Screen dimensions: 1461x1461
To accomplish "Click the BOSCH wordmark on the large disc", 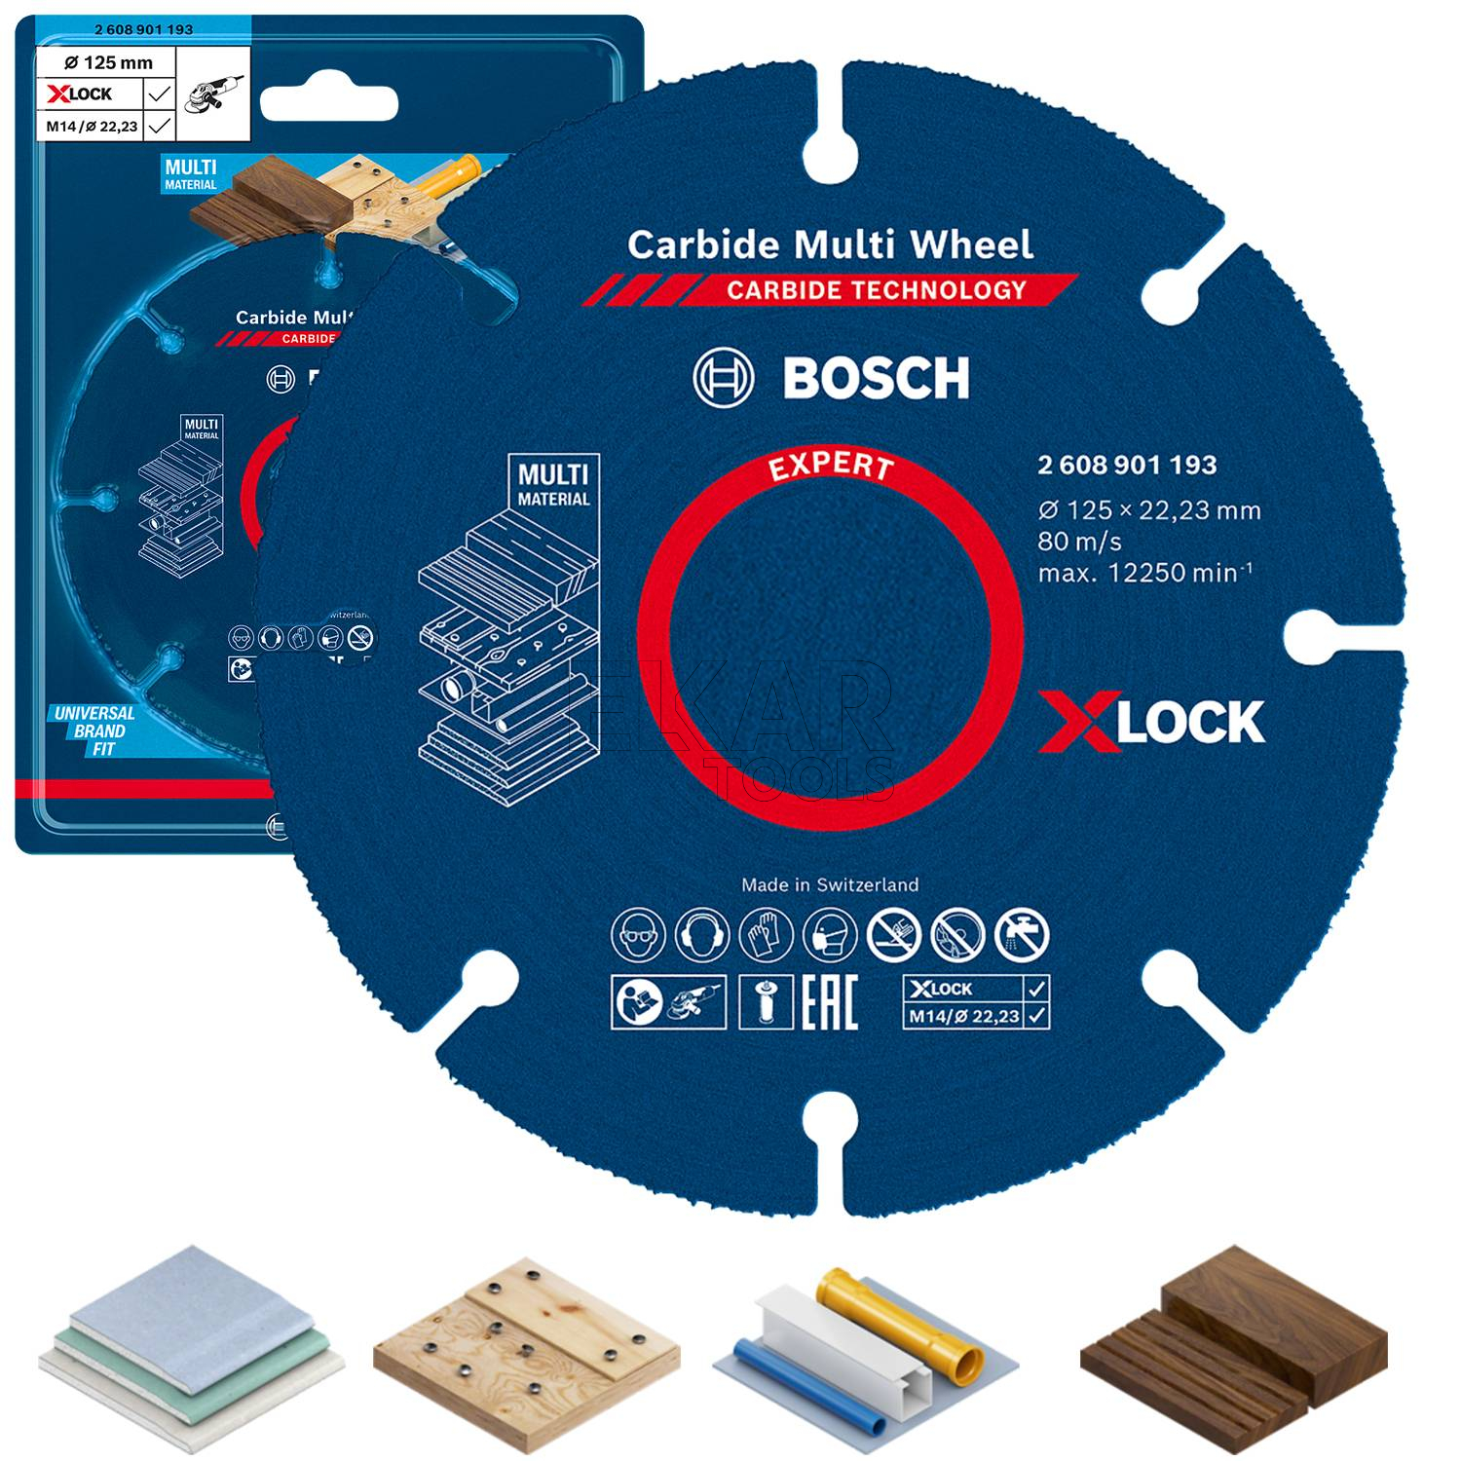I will click(x=876, y=378).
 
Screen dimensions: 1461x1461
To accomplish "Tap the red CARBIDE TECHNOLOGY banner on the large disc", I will click(x=876, y=289).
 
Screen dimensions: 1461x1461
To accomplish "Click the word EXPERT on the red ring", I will click(x=830, y=467).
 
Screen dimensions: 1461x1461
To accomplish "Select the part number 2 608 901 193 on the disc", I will click(x=1127, y=465).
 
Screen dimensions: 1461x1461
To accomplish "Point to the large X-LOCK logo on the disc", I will click(x=1151, y=723).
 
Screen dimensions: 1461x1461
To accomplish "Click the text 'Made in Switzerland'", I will click(x=830, y=884).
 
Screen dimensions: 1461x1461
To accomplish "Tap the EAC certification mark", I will click(x=829, y=1001).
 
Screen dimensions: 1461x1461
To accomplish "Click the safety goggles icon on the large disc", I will click(x=638, y=935).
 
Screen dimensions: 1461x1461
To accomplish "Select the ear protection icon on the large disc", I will click(x=701, y=935).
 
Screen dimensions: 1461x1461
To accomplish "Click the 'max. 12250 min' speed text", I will click(x=1144, y=572).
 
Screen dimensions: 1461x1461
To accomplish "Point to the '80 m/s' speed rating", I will click(x=1079, y=541).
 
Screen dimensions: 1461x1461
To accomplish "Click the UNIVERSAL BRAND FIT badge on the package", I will click(x=94, y=730).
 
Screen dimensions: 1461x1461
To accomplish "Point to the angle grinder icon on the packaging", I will click(x=213, y=94).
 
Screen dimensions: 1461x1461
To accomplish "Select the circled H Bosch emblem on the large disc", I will click(x=723, y=378).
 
